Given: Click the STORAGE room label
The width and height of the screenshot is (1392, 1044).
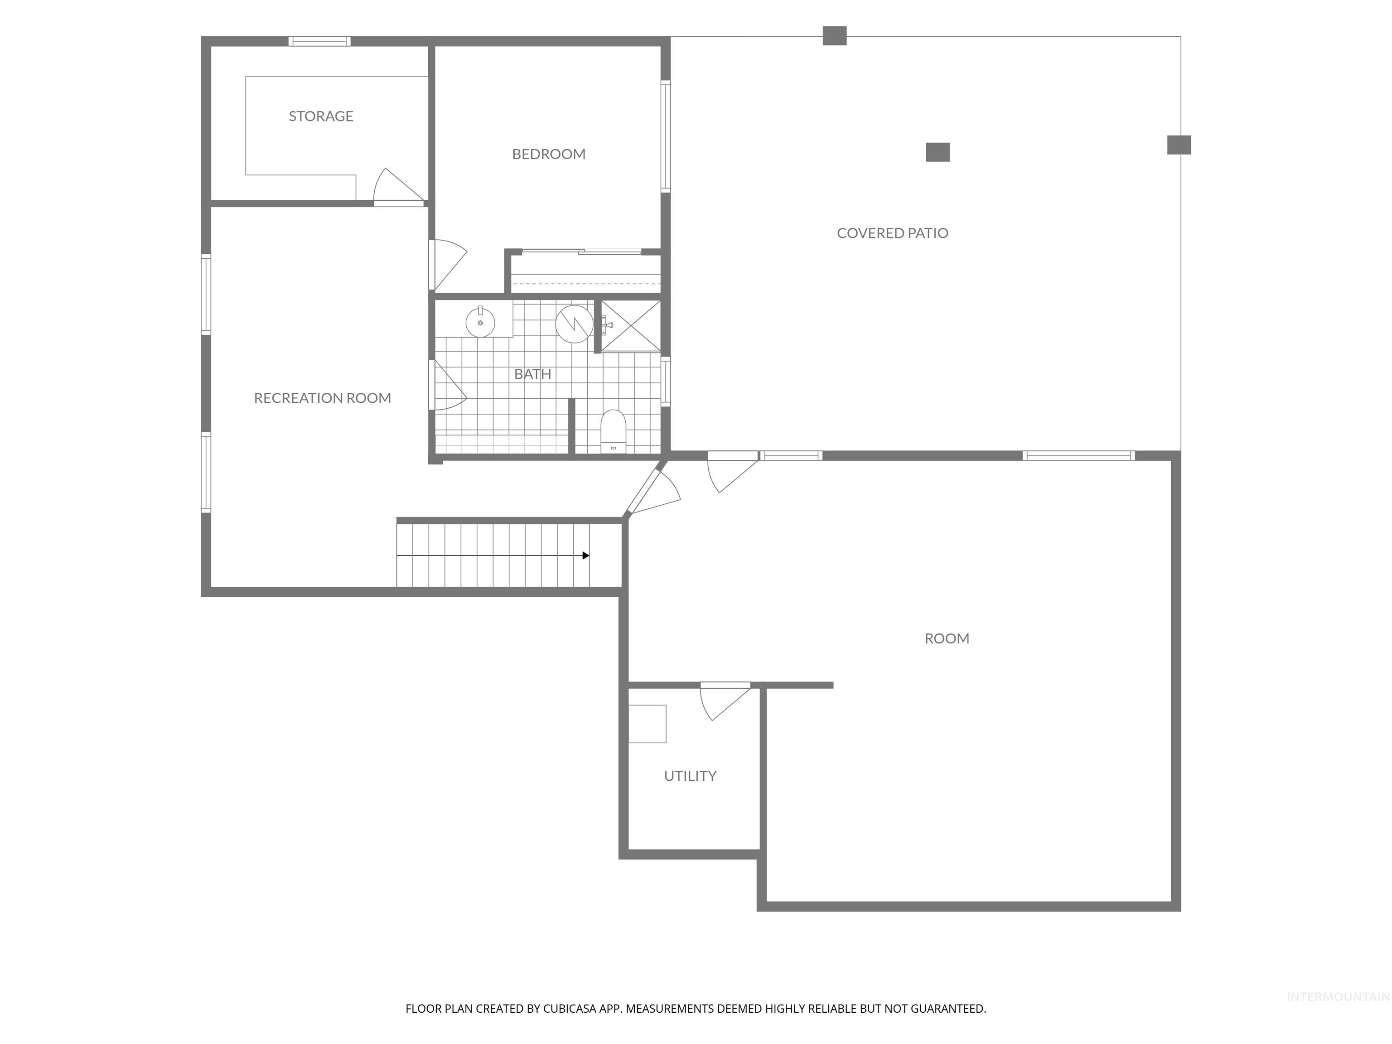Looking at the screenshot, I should [321, 116].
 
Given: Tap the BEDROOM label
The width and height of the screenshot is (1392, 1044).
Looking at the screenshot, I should [548, 154].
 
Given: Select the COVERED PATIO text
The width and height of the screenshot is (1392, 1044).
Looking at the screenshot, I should [892, 233].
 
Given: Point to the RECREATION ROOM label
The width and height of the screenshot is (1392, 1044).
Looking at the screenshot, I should [322, 398].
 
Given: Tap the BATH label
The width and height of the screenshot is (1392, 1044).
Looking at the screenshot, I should [532, 374].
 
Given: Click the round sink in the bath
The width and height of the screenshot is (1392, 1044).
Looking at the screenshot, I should [480, 322].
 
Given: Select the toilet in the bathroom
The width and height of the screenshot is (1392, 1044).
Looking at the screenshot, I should [613, 431].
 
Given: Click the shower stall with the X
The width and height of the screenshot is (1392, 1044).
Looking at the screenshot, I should [631, 326].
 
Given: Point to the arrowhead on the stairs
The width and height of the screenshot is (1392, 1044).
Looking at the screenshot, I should [586, 555].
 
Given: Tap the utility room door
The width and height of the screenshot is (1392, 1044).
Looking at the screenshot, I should [724, 701].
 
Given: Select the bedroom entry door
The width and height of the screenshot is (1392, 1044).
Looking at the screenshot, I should [448, 264].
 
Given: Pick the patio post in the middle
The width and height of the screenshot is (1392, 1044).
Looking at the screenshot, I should [937, 152].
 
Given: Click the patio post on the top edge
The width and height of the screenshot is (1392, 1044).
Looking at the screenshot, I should [835, 36].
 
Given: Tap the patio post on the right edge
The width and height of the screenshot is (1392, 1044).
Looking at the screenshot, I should [1179, 145].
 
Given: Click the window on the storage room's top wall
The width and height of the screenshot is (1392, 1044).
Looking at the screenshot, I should [320, 42].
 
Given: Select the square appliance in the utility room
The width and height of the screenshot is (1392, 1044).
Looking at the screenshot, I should [647, 724].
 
